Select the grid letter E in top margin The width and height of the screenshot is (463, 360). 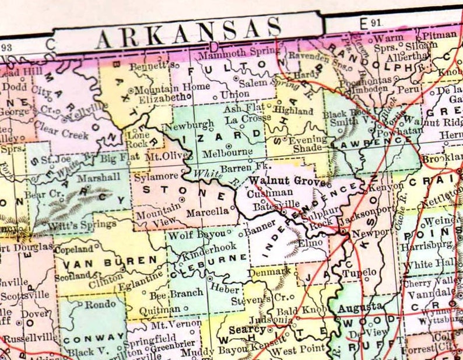point(363,24)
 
